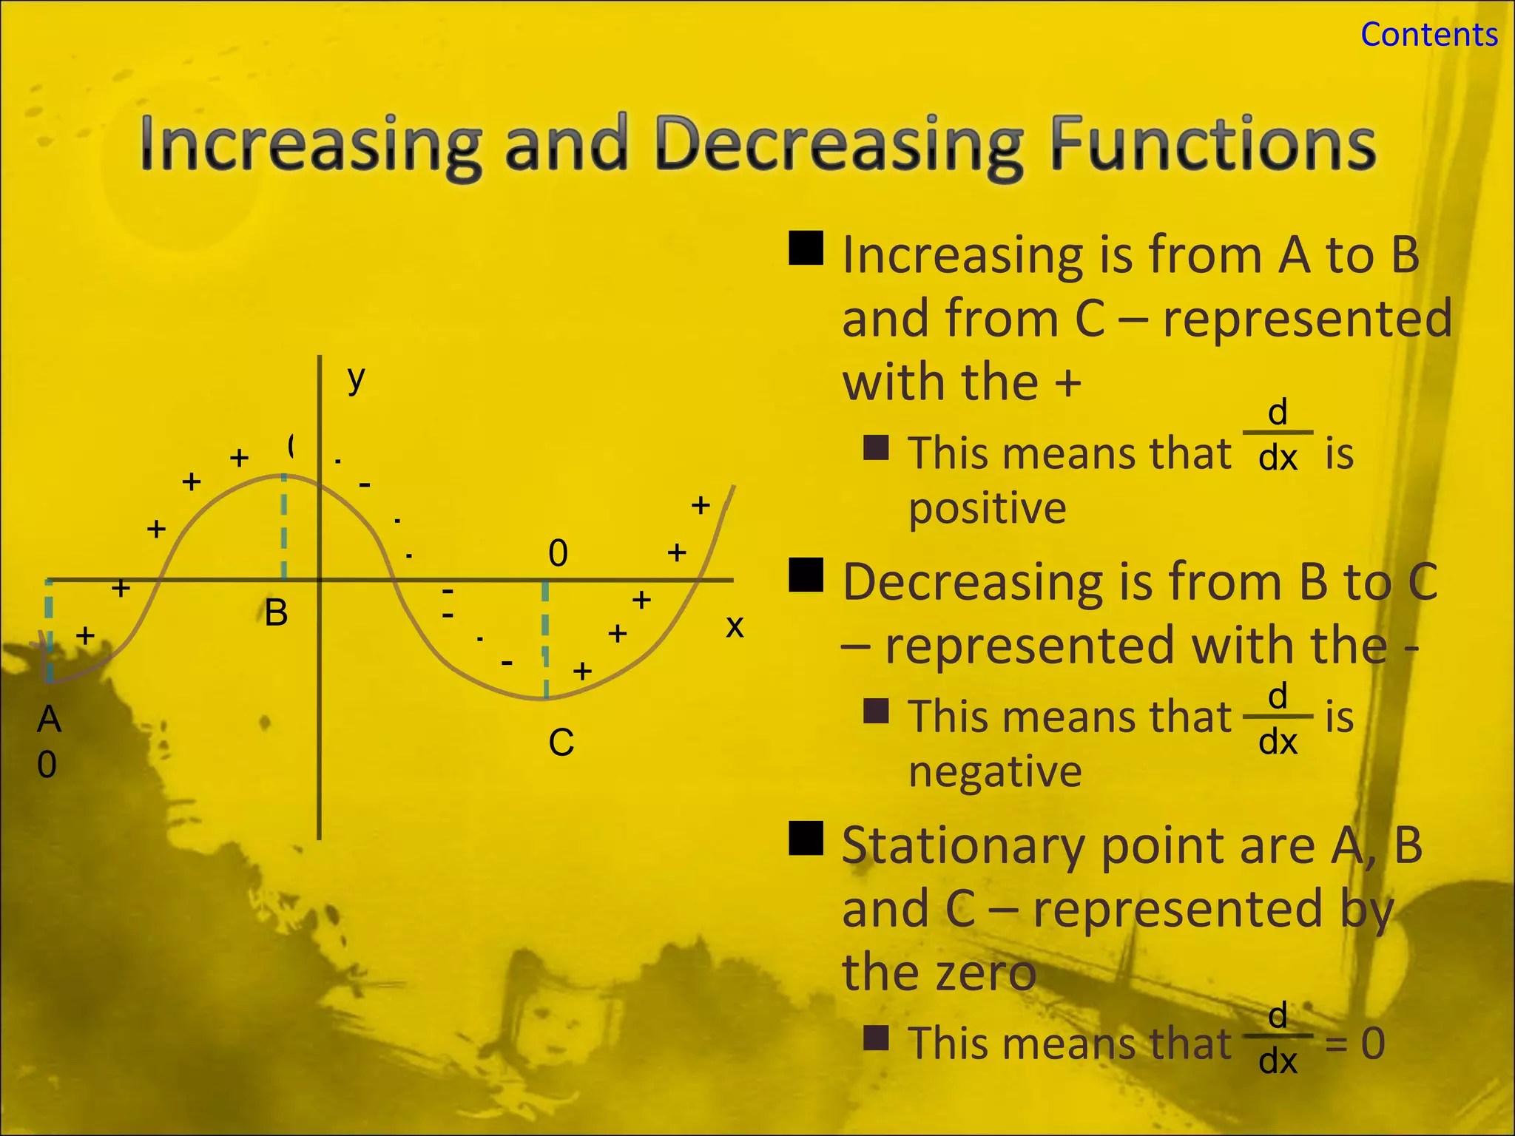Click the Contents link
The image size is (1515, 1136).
click(x=1428, y=35)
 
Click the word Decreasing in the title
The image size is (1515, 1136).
click(x=838, y=145)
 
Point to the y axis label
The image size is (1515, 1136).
click(x=357, y=379)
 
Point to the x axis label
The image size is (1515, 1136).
click(x=734, y=626)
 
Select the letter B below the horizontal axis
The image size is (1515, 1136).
click(x=276, y=613)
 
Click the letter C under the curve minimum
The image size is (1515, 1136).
click(x=561, y=743)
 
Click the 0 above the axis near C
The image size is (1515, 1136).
click(x=558, y=553)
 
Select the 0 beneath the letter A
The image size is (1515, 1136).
click(x=47, y=765)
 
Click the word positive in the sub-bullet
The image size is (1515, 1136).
click(x=987, y=509)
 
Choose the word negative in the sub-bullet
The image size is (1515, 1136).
click(x=995, y=772)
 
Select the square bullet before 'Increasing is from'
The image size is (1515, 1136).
click(x=806, y=248)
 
